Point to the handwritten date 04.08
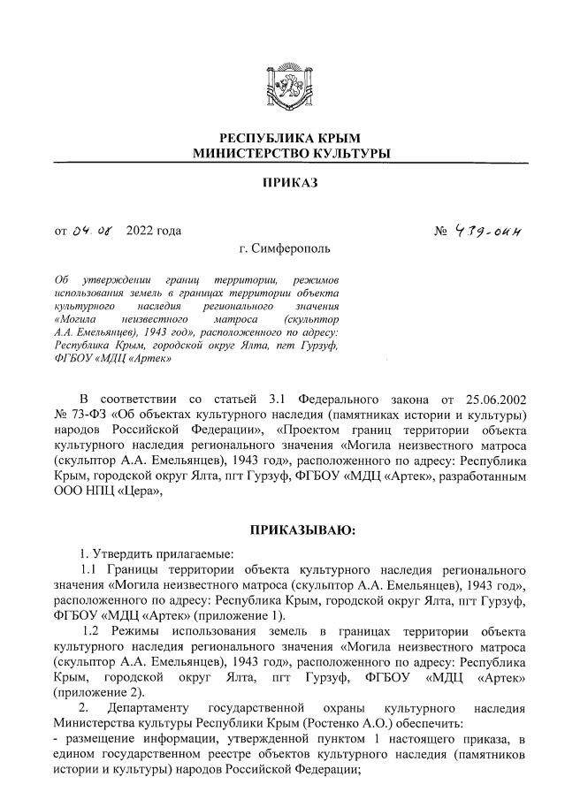point(92,232)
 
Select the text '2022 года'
point(154,232)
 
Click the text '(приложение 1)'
point(244,615)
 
